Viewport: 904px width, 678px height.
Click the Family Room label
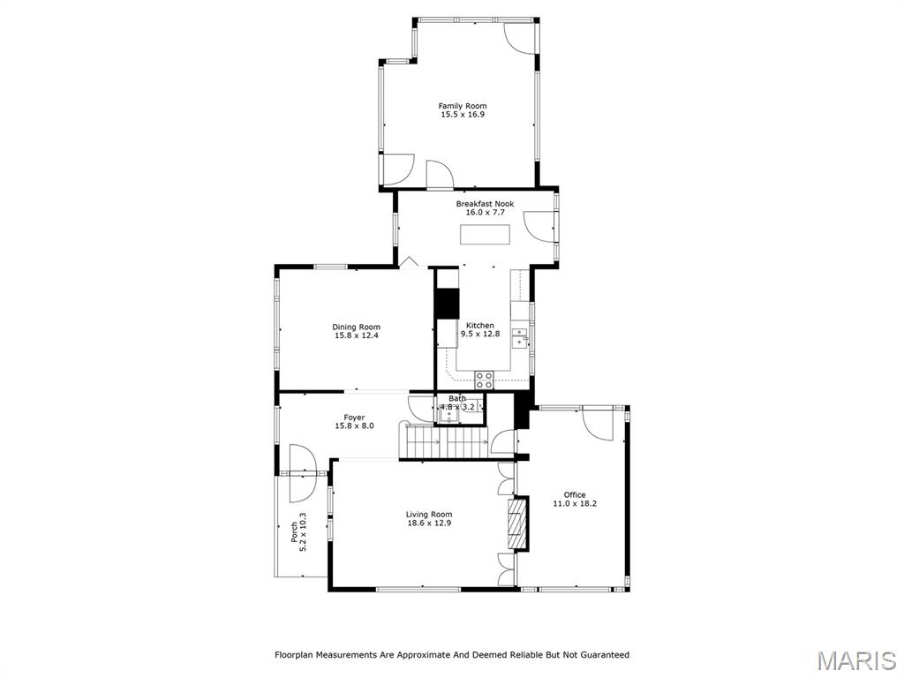point(463,106)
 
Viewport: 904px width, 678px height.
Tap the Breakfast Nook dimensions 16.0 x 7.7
point(485,213)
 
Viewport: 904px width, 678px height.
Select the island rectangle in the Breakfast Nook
point(485,235)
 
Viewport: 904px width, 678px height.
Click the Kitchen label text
point(480,325)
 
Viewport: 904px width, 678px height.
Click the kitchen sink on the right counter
point(522,336)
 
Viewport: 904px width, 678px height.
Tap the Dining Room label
point(356,327)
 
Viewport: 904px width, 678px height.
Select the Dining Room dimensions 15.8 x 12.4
point(356,335)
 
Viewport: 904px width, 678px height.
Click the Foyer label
point(354,418)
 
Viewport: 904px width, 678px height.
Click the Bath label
point(457,398)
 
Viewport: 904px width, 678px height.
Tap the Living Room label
point(429,515)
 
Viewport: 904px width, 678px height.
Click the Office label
point(575,494)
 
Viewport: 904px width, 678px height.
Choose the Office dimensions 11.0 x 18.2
point(575,504)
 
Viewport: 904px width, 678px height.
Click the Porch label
point(294,532)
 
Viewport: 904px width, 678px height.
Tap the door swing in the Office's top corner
point(599,425)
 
